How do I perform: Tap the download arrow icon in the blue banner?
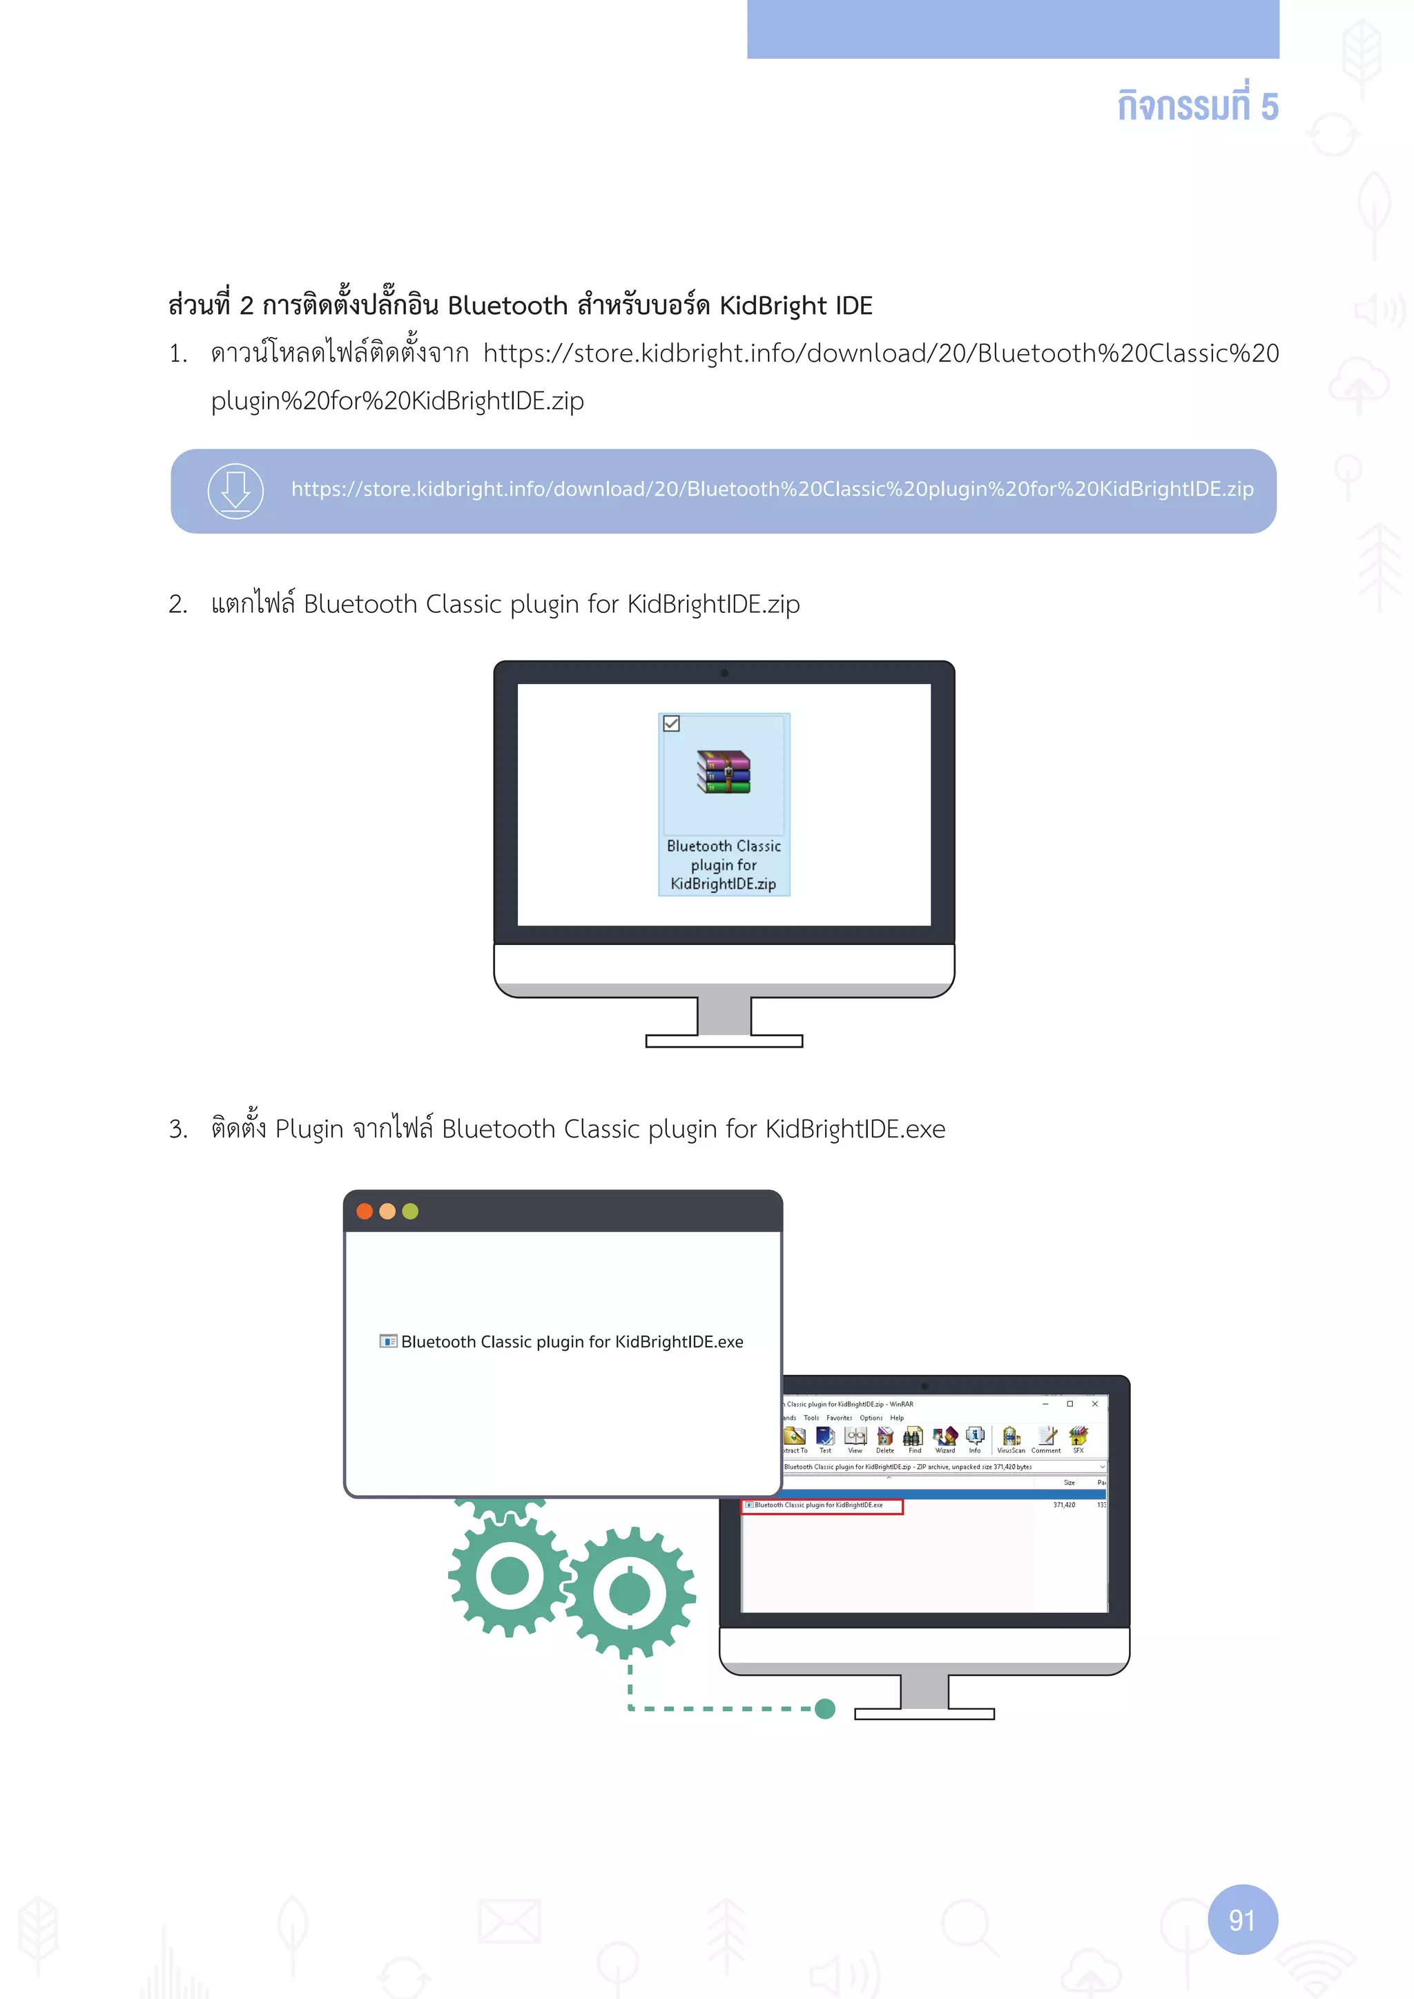coord(235,491)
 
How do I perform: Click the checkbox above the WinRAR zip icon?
coord(671,723)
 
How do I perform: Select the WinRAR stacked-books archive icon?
coord(724,772)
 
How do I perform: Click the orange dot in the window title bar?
coord(365,1211)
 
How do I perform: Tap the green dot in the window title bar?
coord(411,1211)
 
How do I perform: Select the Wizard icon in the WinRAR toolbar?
coord(945,1439)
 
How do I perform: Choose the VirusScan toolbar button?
coord(1011,1439)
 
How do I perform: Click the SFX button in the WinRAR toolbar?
coord(1078,1439)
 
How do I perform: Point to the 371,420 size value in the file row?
coord(1064,1505)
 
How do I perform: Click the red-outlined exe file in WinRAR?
coord(821,1506)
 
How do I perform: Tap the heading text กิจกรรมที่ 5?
coord(1197,106)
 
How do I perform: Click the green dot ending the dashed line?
coord(826,1708)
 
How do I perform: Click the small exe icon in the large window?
coord(388,1340)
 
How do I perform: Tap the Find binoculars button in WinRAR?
coord(913,1439)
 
